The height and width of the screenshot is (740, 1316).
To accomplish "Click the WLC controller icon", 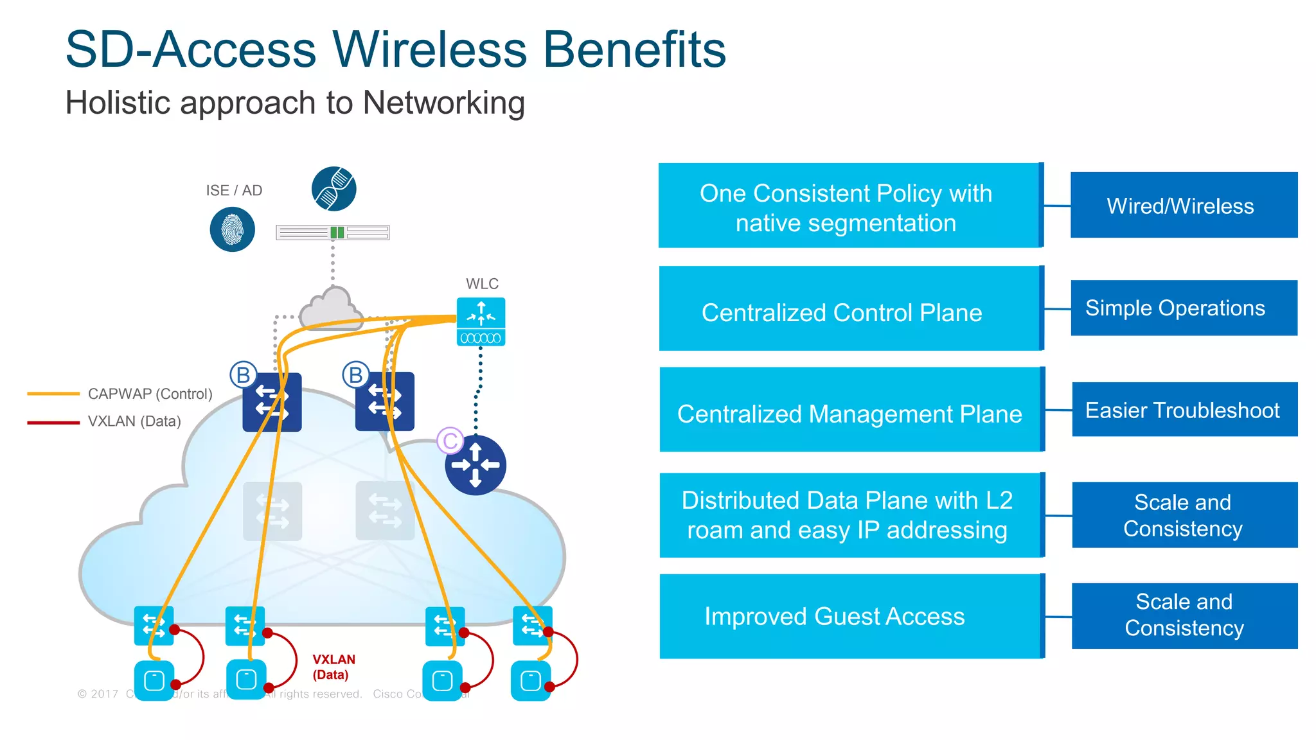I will click(x=481, y=321).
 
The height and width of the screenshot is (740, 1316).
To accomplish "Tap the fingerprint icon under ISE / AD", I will click(x=232, y=229).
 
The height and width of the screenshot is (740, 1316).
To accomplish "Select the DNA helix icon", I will click(x=333, y=189).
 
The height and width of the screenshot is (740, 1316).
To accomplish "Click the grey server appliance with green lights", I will click(x=332, y=233).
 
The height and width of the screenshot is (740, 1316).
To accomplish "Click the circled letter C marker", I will click(x=450, y=441).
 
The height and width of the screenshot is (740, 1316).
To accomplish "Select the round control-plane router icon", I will click(x=476, y=465).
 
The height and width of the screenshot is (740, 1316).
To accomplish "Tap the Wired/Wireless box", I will click(x=1183, y=206).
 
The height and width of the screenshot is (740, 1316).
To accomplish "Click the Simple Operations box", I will click(x=1183, y=308).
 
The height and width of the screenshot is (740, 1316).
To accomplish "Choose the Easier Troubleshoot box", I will click(x=1184, y=410).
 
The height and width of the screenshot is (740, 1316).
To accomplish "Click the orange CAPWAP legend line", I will click(x=53, y=394).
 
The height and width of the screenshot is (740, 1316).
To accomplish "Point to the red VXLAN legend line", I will click(x=53, y=422).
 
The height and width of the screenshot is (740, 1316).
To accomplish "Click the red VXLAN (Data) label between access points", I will click(x=333, y=667).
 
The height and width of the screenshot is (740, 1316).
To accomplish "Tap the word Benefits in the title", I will click(x=634, y=49).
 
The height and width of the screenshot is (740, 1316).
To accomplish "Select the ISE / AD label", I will click(x=234, y=190).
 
